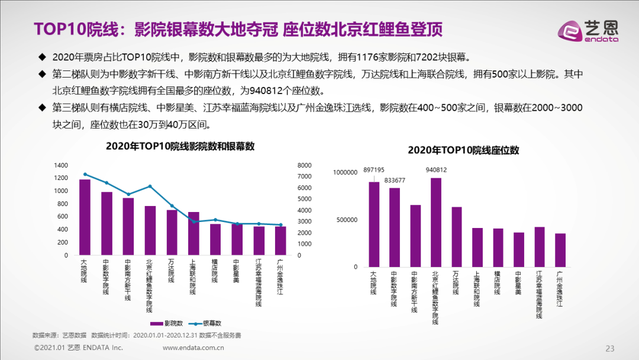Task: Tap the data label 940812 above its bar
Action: click(x=435, y=170)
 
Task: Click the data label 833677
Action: click(x=395, y=180)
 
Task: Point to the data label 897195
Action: click(x=374, y=170)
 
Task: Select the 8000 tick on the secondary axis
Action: click(x=304, y=165)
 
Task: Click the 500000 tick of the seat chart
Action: click(x=347, y=220)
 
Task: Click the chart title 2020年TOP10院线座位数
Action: click(x=463, y=150)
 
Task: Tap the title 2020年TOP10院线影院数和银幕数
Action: click(x=180, y=146)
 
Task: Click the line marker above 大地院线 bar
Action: click(x=85, y=175)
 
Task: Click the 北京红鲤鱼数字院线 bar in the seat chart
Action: click(x=436, y=222)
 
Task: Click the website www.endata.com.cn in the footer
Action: click(x=193, y=348)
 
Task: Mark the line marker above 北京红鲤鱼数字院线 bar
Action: click(x=150, y=187)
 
